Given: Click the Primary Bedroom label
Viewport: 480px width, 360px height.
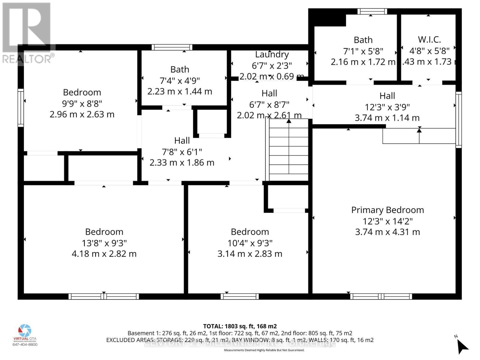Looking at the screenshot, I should pyautogui.click(x=387, y=210).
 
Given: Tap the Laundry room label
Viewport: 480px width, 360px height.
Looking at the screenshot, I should pyautogui.click(x=272, y=54).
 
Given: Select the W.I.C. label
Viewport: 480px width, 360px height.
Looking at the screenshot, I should pyautogui.click(x=429, y=39).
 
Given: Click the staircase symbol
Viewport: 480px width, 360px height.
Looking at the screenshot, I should pyautogui.click(x=289, y=150).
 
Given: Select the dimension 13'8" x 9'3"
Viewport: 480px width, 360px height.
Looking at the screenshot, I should pyautogui.click(x=104, y=243).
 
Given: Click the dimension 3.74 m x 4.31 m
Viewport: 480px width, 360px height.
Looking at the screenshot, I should pyautogui.click(x=387, y=232).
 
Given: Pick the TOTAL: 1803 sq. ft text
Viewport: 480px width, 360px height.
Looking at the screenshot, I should pyautogui.click(x=240, y=326).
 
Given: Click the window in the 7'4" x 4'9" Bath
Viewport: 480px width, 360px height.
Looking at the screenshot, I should pyautogui.click(x=172, y=47).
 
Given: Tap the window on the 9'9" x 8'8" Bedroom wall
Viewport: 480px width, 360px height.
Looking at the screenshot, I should pyautogui.click(x=20, y=108).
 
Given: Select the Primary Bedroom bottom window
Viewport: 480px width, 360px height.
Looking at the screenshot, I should pyautogui.click(x=381, y=296).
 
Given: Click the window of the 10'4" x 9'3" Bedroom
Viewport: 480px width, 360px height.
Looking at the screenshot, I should pyautogui.click(x=240, y=296).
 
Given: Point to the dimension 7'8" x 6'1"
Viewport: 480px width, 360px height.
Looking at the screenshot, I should pyautogui.click(x=182, y=151).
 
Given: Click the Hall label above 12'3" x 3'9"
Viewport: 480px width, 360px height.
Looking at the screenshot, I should pyautogui.click(x=387, y=96).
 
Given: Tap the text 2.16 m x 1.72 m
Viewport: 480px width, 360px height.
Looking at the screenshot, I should pyautogui.click(x=363, y=62).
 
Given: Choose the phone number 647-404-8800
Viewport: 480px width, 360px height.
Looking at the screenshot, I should pyautogui.click(x=25, y=344).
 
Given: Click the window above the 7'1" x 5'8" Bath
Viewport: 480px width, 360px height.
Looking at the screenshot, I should pyautogui.click(x=372, y=11).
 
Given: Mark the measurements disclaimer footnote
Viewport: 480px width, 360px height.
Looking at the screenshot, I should pyautogui.click(x=264, y=350).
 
